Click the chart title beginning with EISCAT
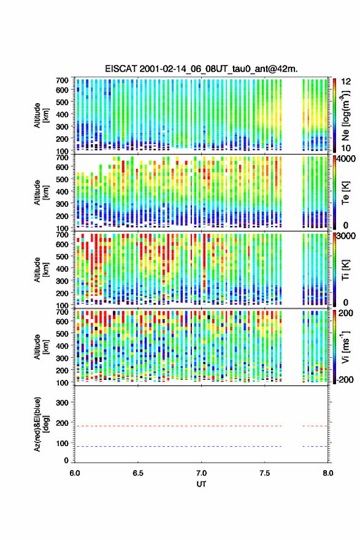(201, 69)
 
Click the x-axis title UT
(201, 484)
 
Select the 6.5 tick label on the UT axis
(138, 473)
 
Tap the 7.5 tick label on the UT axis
(265, 473)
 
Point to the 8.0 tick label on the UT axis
(328, 473)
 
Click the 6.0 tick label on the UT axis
(75, 473)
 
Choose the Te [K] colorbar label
(345, 193)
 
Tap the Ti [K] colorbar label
(345, 270)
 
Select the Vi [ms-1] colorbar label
(345, 347)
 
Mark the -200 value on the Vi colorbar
(345, 379)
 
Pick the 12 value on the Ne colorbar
(347, 82)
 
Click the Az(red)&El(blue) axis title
(40, 424)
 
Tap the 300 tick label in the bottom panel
(62, 403)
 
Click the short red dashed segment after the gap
(315, 426)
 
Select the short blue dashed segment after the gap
(315, 446)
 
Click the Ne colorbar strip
(334, 115)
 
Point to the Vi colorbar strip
(334, 347)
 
